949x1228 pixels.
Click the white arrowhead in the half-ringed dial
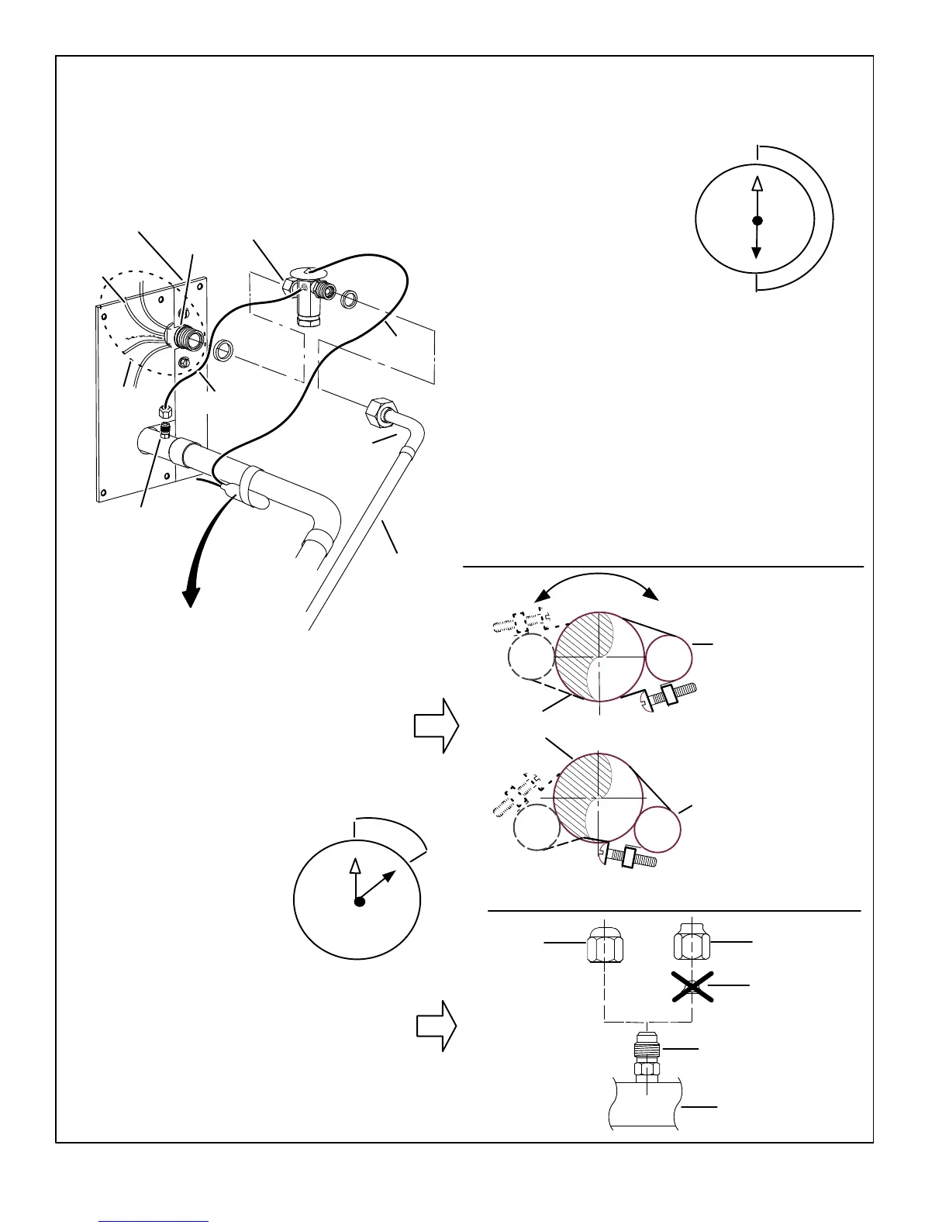(x=757, y=183)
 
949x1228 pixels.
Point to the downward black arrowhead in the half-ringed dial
(x=757, y=253)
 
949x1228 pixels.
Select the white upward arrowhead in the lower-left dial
(x=355, y=867)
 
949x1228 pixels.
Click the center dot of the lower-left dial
(x=359, y=902)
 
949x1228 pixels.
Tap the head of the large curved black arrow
(x=191, y=598)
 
